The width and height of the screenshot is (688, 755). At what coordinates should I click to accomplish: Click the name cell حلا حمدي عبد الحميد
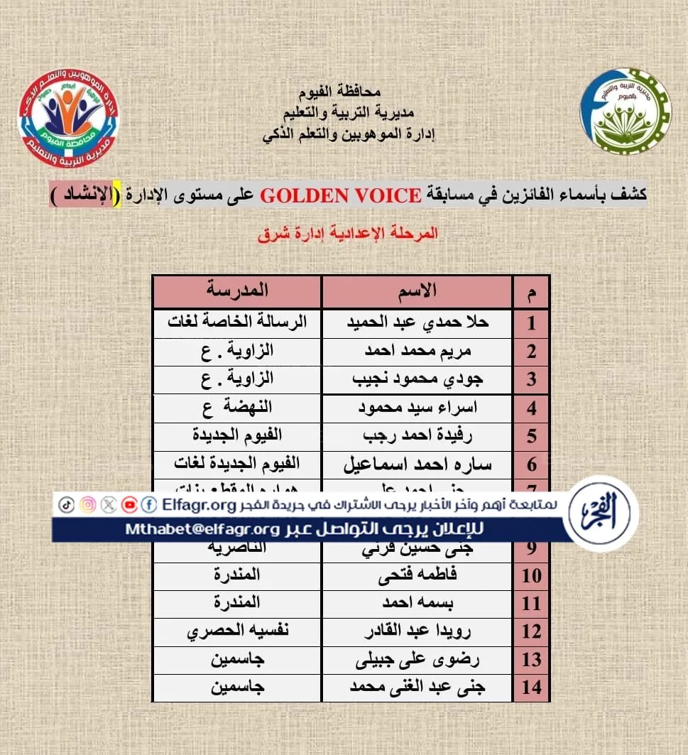[417, 322]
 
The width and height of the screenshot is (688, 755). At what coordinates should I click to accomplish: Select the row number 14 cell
[531, 688]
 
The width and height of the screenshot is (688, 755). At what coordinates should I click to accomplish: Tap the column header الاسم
[417, 290]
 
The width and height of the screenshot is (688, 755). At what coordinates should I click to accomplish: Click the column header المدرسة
[237, 290]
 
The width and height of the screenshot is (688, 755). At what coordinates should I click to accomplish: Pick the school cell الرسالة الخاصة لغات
[237, 322]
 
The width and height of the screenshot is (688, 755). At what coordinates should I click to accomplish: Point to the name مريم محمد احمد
[417, 351]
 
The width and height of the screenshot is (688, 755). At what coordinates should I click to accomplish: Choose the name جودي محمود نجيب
[417, 379]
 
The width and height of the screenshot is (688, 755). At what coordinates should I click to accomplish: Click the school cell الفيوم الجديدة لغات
[237, 465]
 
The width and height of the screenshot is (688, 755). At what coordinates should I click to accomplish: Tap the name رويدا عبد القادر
[417, 631]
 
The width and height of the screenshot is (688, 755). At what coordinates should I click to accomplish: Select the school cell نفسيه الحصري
[237, 631]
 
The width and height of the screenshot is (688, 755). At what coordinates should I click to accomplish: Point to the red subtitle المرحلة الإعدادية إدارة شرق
[348, 234]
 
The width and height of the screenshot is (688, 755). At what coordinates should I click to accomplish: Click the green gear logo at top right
[626, 112]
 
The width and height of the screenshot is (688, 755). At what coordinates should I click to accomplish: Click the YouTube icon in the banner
[129, 504]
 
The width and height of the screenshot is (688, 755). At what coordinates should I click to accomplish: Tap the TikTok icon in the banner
[65, 504]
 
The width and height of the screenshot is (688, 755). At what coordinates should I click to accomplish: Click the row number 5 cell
[531, 436]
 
